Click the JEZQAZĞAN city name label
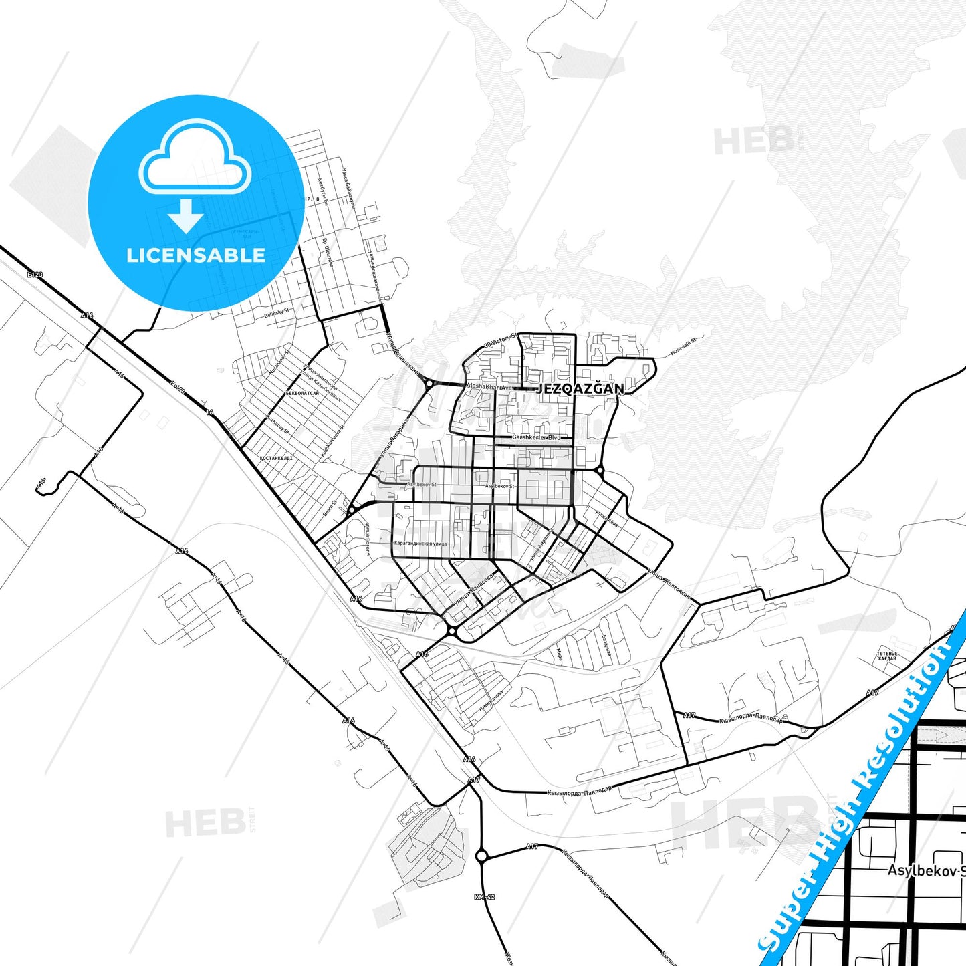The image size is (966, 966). (x=580, y=388)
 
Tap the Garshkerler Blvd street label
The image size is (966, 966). (x=536, y=437)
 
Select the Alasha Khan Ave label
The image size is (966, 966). (x=489, y=387)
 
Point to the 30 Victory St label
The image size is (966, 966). (x=501, y=340)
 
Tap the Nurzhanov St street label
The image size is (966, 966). (x=279, y=361)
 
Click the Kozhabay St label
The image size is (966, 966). (x=277, y=425)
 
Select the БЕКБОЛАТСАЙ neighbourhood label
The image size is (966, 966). (x=302, y=394)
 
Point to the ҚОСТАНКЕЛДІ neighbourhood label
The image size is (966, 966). (x=275, y=459)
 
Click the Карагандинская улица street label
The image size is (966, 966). (x=420, y=544)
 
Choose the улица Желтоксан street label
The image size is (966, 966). (x=668, y=582)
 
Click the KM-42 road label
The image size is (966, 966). (x=485, y=897)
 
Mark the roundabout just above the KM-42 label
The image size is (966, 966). (x=482, y=855)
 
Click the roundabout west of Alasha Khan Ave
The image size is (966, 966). (x=428, y=383)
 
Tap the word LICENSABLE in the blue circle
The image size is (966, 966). (x=196, y=255)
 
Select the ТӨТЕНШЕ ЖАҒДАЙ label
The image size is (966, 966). (x=887, y=656)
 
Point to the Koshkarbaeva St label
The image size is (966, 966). (x=332, y=441)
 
